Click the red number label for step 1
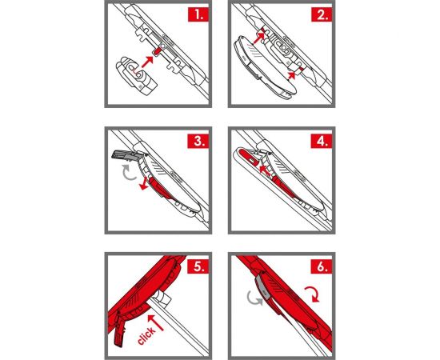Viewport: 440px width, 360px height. click(198, 14)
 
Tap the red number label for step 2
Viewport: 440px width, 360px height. click(322, 14)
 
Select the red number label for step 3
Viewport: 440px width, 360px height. click(198, 141)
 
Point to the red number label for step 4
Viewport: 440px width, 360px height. click(322, 141)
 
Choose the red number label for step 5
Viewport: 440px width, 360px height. click(198, 266)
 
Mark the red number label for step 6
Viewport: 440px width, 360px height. click(322, 266)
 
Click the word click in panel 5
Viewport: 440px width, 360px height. click(146, 335)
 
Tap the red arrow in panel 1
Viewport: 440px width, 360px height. click(147, 62)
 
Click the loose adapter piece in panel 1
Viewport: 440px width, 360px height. click(135, 75)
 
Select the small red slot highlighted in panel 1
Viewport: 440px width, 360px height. click(157, 51)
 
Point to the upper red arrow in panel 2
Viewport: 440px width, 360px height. click(259, 38)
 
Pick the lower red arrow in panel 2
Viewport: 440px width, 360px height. click(292, 75)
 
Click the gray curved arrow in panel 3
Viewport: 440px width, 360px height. click(128, 174)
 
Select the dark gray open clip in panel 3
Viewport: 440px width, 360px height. click(126, 156)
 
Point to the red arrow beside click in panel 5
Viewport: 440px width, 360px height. click(155, 322)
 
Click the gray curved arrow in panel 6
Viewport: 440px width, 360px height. click(254, 298)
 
